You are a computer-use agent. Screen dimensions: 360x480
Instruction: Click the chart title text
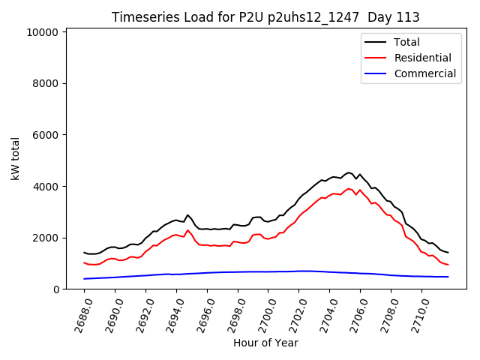(265, 17)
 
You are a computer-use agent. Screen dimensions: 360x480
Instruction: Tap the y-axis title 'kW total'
(15, 158)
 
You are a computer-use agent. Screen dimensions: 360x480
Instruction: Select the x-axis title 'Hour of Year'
(265, 343)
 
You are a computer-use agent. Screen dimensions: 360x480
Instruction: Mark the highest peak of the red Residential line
(349, 188)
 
